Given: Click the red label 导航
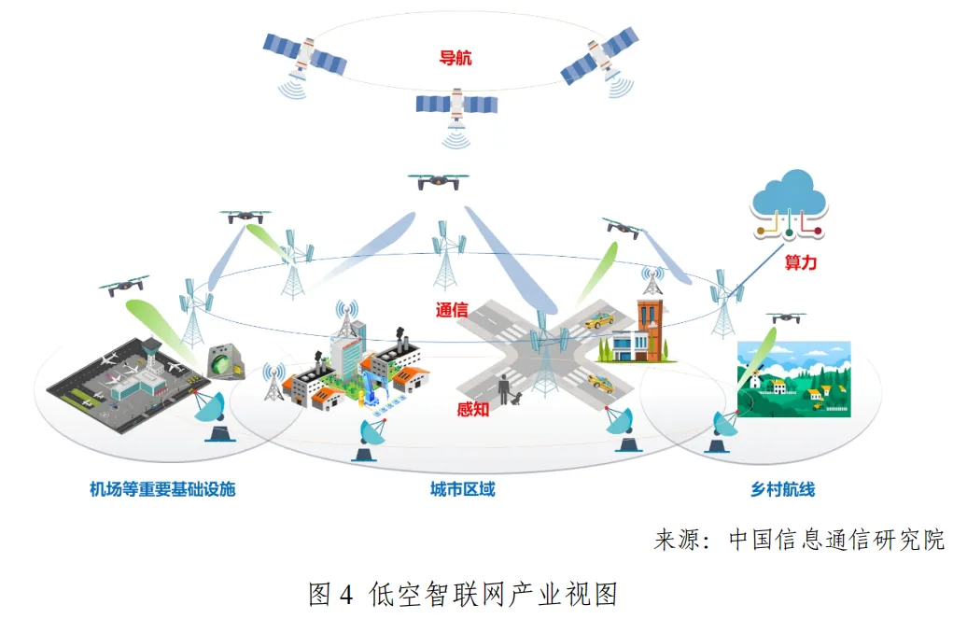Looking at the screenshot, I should tap(455, 58).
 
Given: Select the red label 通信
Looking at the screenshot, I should tap(452, 310).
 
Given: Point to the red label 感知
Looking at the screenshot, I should tap(473, 409).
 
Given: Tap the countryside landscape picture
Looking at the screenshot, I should tap(794, 377).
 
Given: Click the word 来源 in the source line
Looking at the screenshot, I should tap(677, 540).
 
